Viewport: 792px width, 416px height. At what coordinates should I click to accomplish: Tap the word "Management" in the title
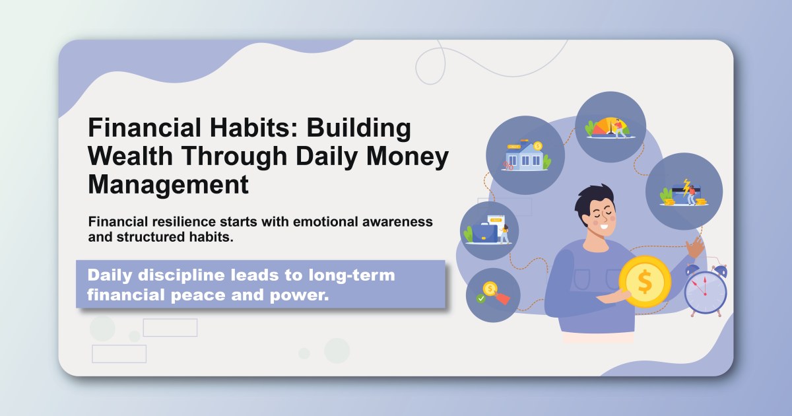pyautogui.click(x=168, y=184)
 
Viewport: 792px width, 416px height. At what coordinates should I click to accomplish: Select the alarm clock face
pyautogui.click(x=705, y=291)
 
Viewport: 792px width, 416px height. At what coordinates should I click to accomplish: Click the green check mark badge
pyautogui.click(x=481, y=298)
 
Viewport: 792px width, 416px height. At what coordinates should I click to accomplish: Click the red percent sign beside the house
pyautogui.click(x=508, y=165)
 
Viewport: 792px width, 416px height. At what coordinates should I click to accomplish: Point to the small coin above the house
pyautogui.click(x=538, y=145)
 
